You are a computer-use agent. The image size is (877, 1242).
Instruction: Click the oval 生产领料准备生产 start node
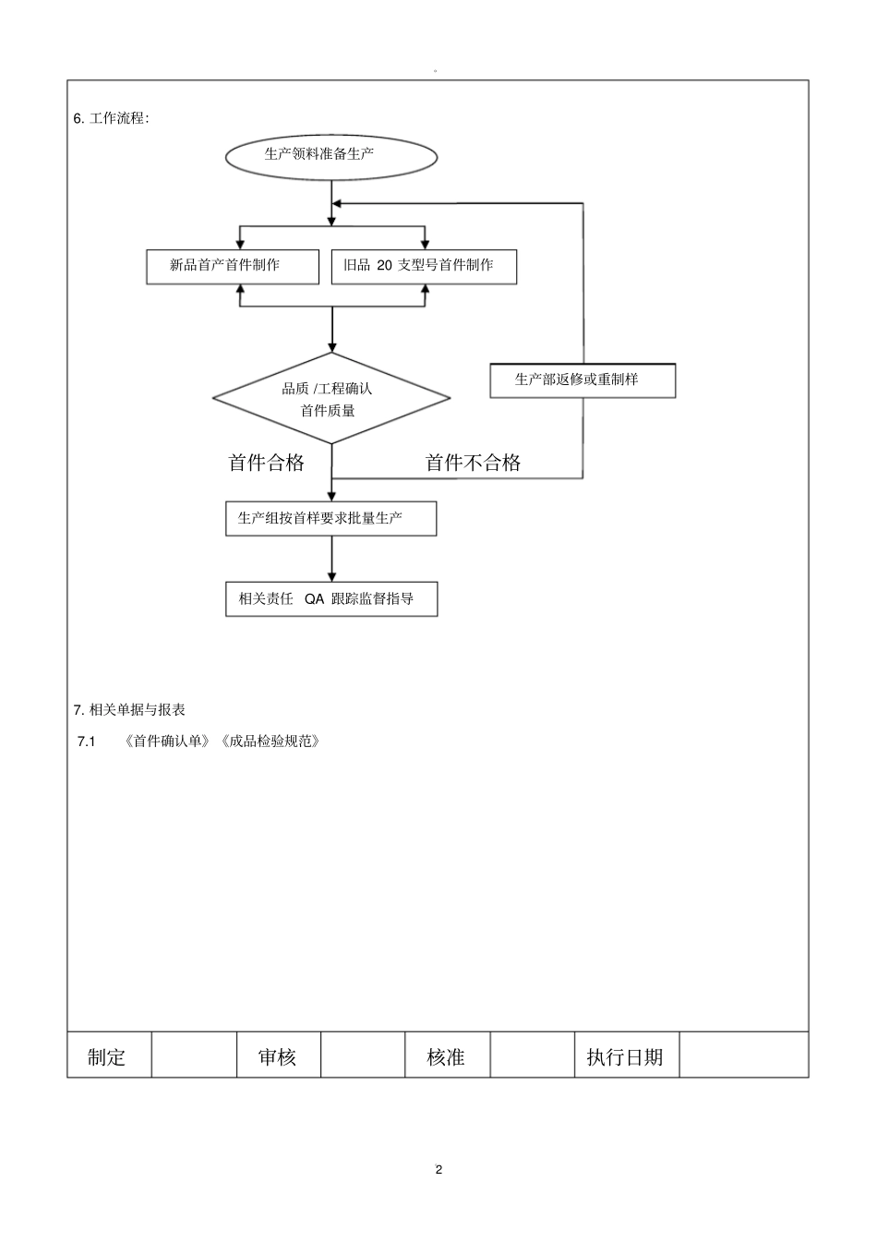click(x=331, y=155)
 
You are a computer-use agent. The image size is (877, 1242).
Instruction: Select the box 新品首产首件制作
click(x=233, y=266)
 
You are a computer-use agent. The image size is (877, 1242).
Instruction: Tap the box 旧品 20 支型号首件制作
click(x=424, y=266)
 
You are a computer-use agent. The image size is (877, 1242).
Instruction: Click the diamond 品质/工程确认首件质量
click(x=331, y=399)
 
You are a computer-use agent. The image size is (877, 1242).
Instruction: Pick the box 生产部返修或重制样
click(x=583, y=380)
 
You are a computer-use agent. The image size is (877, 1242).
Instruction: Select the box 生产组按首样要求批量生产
click(x=330, y=518)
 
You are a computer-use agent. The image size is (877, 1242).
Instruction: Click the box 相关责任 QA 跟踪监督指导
click(x=331, y=598)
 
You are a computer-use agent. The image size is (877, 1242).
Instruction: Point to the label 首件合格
click(x=266, y=463)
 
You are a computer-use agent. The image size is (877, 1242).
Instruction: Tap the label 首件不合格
click(x=473, y=463)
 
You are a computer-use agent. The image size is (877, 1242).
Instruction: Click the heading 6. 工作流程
click(x=111, y=118)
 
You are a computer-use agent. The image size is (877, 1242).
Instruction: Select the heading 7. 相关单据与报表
click(x=129, y=709)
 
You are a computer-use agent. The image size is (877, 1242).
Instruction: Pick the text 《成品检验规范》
click(x=270, y=741)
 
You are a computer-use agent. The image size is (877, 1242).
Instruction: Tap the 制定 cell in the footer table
click(x=107, y=1056)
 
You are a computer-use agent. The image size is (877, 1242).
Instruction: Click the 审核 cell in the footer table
click(x=278, y=1056)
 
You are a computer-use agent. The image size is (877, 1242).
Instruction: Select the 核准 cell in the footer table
click(x=446, y=1056)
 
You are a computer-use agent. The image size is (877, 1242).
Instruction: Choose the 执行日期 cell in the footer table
click(x=625, y=1056)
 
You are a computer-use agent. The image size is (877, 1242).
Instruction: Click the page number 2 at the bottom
click(x=438, y=1169)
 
